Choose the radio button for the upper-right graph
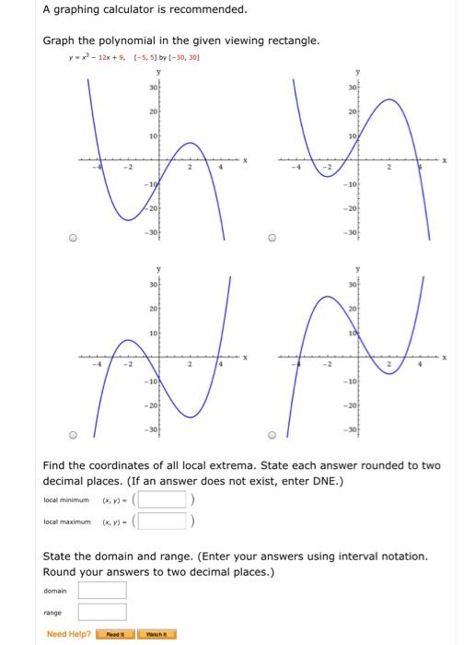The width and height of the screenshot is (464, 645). click(273, 236)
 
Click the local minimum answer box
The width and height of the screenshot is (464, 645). click(164, 500)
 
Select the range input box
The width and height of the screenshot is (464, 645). click(101, 612)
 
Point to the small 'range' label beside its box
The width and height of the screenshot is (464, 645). click(53, 612)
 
